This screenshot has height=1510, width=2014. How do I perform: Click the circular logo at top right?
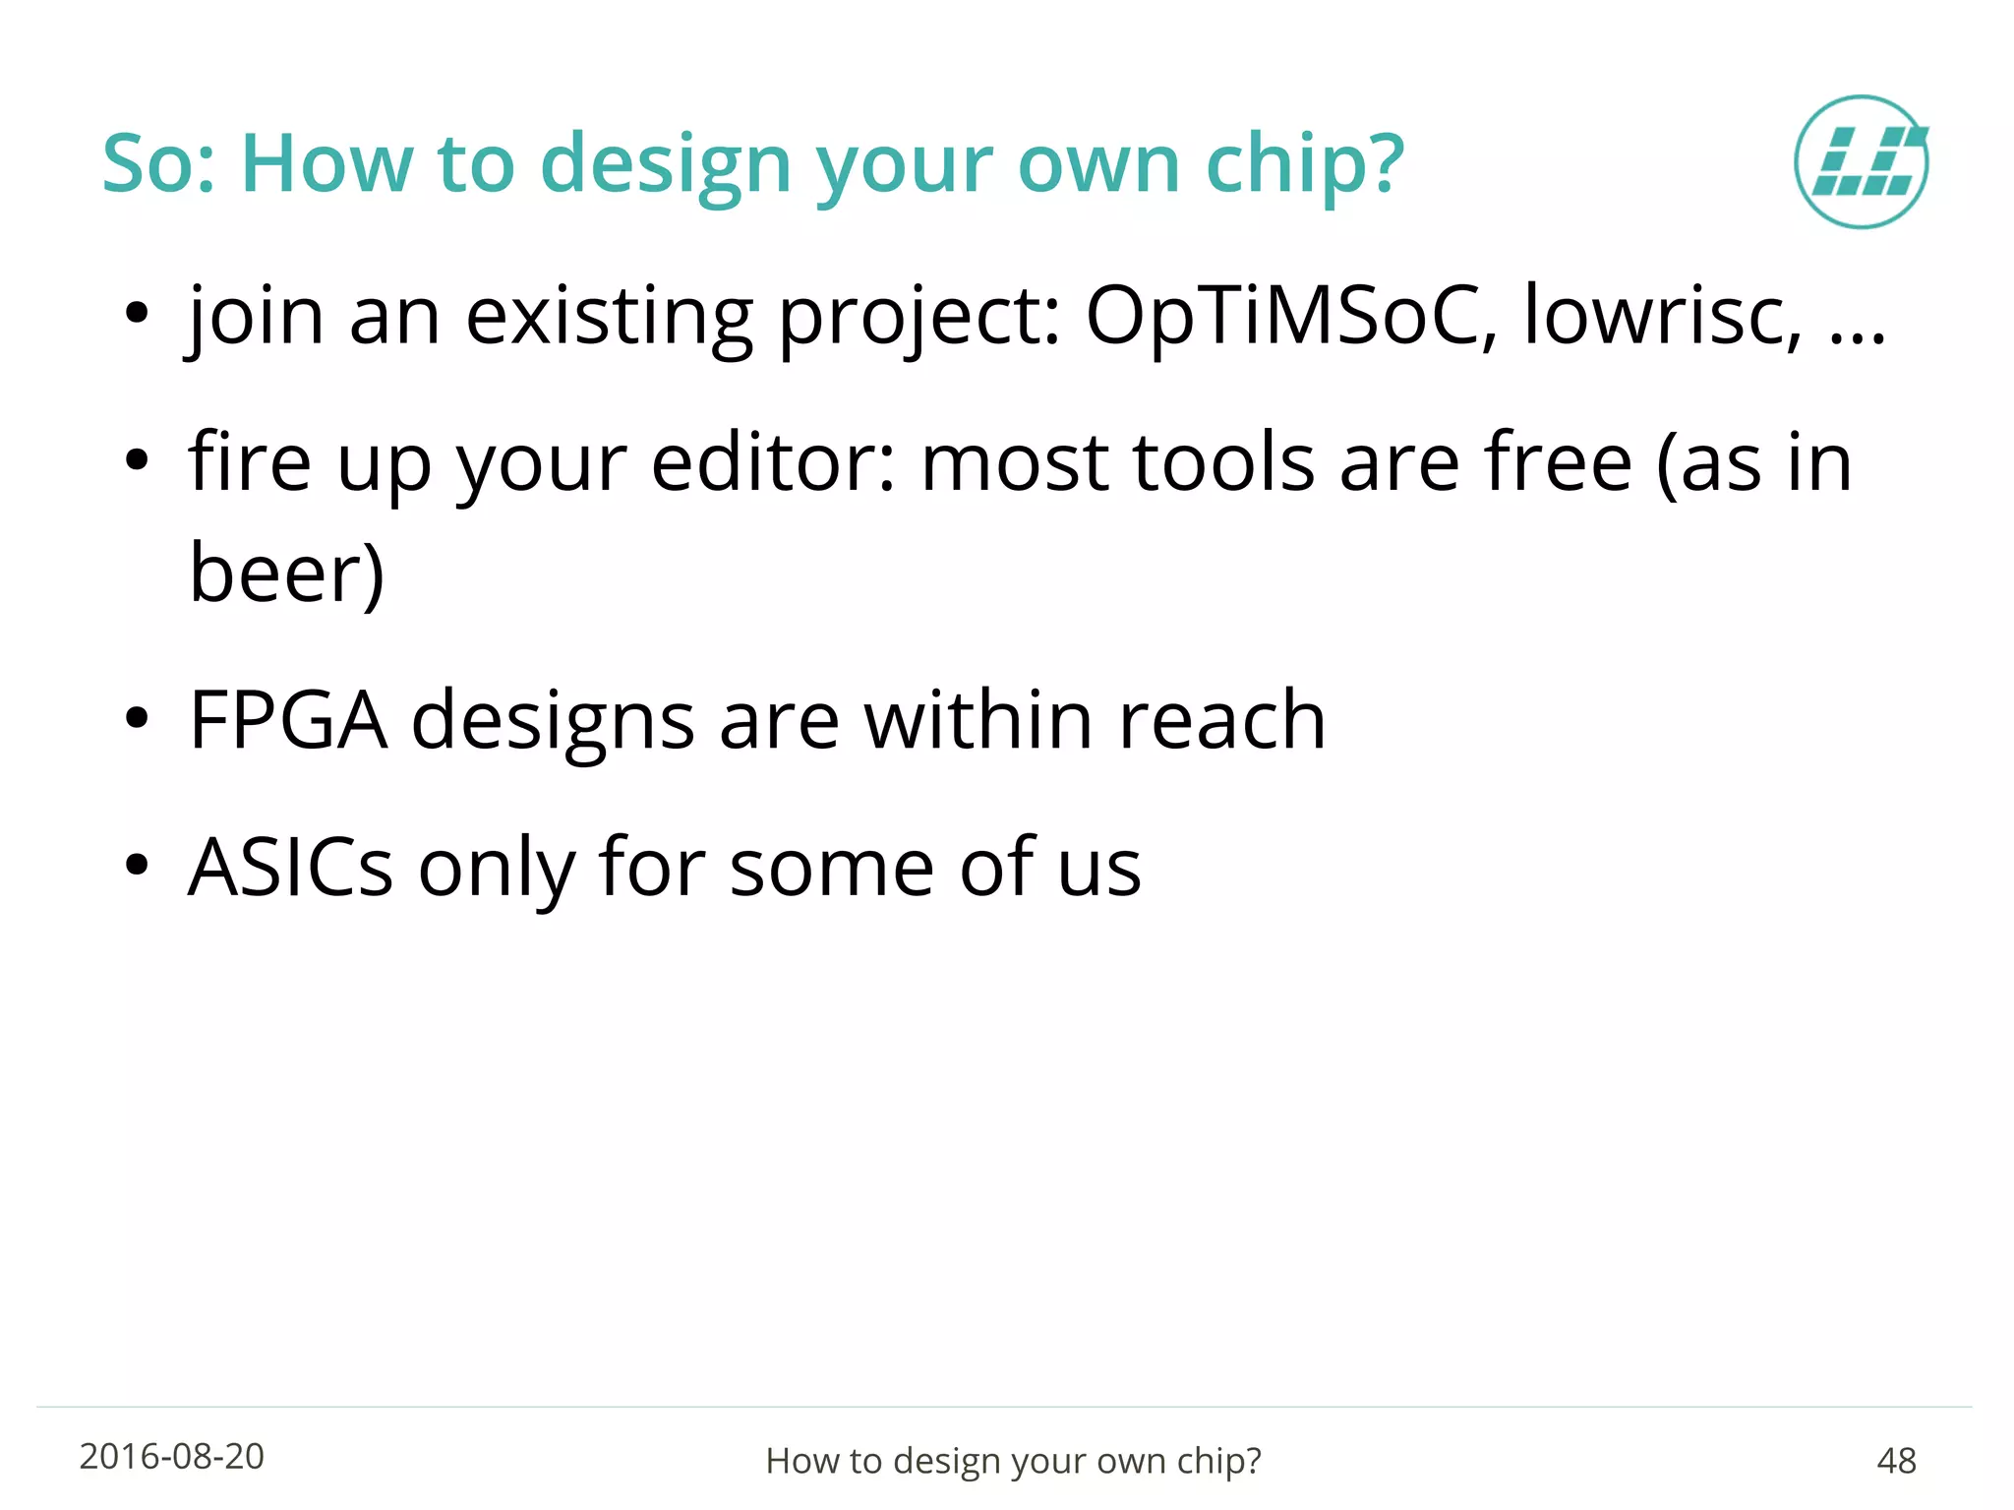click(1861, 162)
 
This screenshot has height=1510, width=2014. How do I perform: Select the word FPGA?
click(287, 721)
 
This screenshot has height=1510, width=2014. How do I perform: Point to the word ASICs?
click(290, 868)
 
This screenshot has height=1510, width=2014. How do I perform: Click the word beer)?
click(286, 574)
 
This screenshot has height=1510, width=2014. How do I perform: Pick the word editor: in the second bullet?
click(773, 463)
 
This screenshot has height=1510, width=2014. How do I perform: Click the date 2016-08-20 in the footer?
click(171, 1457)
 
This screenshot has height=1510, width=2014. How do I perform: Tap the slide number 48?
click(1896, 1461)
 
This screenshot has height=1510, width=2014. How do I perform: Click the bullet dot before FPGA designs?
click(137, 719)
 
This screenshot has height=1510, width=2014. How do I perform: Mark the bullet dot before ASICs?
click(137, 866)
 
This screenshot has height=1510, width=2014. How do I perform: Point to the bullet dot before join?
click(137, 314)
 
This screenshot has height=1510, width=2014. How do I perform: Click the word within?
click(977, 721)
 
